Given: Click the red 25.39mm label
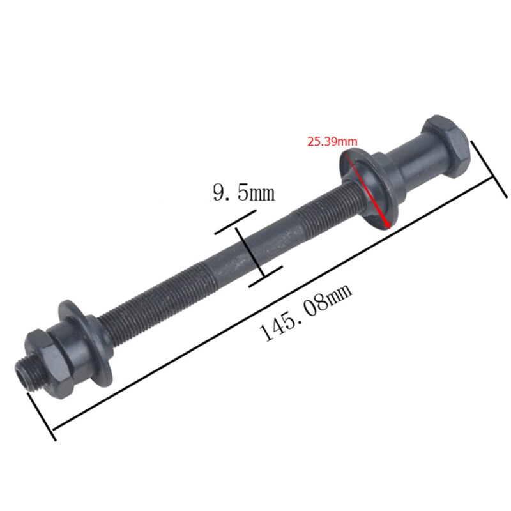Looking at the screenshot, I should click(332, 141).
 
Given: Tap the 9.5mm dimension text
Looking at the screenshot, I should click(243, 192).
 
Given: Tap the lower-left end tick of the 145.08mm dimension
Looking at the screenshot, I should click(42, 416).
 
